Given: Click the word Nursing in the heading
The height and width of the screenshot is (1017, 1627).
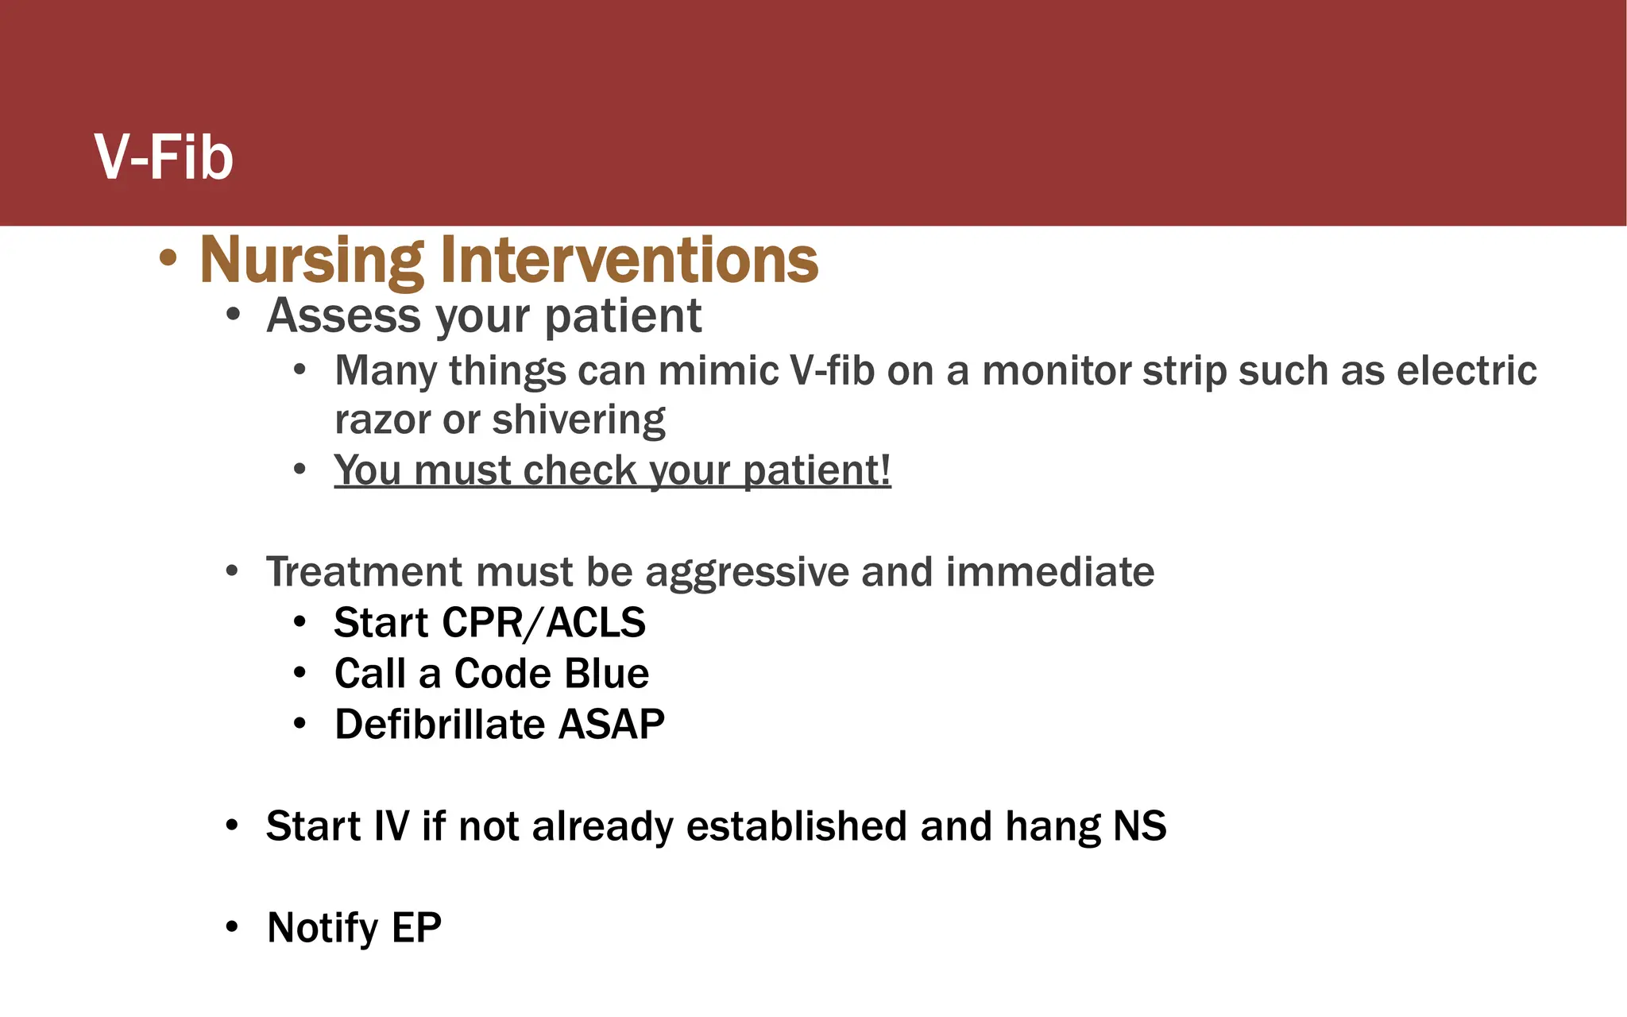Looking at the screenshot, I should [311, 261].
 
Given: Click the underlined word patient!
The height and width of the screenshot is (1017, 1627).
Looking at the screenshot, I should [817, 470].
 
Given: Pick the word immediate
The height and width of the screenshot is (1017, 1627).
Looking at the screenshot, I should [1049, 571].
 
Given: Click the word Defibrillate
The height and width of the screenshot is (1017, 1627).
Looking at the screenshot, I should [439, 725].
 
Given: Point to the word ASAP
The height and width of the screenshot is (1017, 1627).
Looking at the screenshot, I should [611, 725].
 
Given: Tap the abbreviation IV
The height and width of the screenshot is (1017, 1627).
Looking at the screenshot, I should [392, 826].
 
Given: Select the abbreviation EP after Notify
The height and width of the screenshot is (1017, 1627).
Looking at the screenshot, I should [416, 927].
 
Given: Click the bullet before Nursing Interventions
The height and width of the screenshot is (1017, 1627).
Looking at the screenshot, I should [168, 258].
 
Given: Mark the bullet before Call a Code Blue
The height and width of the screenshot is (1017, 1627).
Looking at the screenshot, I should [300, 674].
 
